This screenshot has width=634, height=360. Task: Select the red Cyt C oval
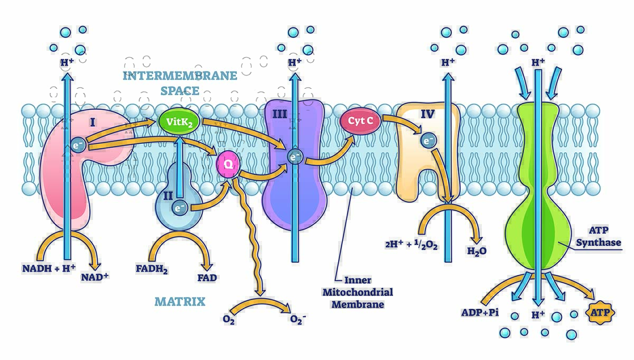tap(361, 121)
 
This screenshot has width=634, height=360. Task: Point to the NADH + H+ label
tap(48, 269)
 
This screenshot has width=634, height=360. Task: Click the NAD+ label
tap(95, 276)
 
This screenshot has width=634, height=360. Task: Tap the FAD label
tap(207, 277)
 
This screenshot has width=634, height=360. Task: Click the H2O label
tap(476, 251)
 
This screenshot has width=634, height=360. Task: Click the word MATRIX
tap(180, 302)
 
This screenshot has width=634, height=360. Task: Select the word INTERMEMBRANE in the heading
tap(180, 76)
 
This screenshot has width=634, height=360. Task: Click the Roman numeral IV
tap(427, 113)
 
